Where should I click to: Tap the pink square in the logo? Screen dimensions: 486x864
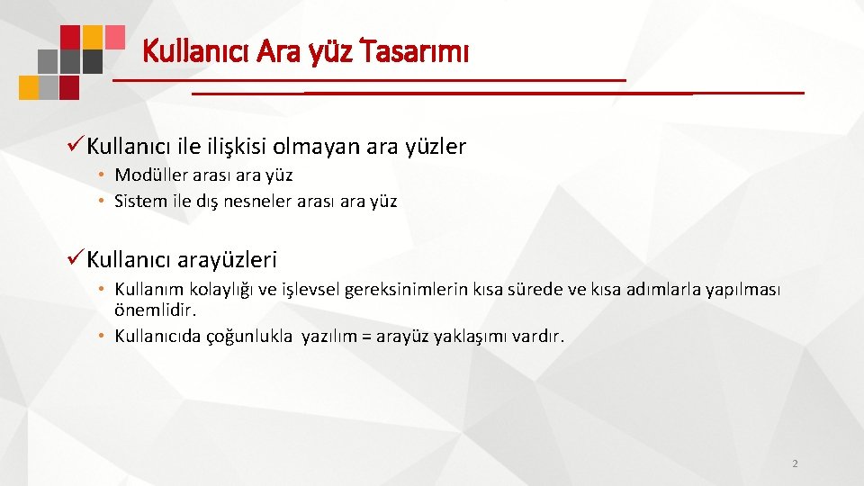point(115,36)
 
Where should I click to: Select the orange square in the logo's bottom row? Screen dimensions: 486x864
point(29,86)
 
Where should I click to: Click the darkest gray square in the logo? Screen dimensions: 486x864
point(93,61)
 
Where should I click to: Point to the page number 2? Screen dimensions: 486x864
point(794,463)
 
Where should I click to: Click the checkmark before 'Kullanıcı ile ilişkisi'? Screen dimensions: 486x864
point(76,146)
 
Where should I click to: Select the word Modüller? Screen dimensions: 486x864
point(150,175)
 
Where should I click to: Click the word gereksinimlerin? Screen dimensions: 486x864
point(409,290)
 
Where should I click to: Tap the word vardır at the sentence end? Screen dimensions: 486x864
point(538,337)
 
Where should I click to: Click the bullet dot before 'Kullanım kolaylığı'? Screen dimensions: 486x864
point(103,290)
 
